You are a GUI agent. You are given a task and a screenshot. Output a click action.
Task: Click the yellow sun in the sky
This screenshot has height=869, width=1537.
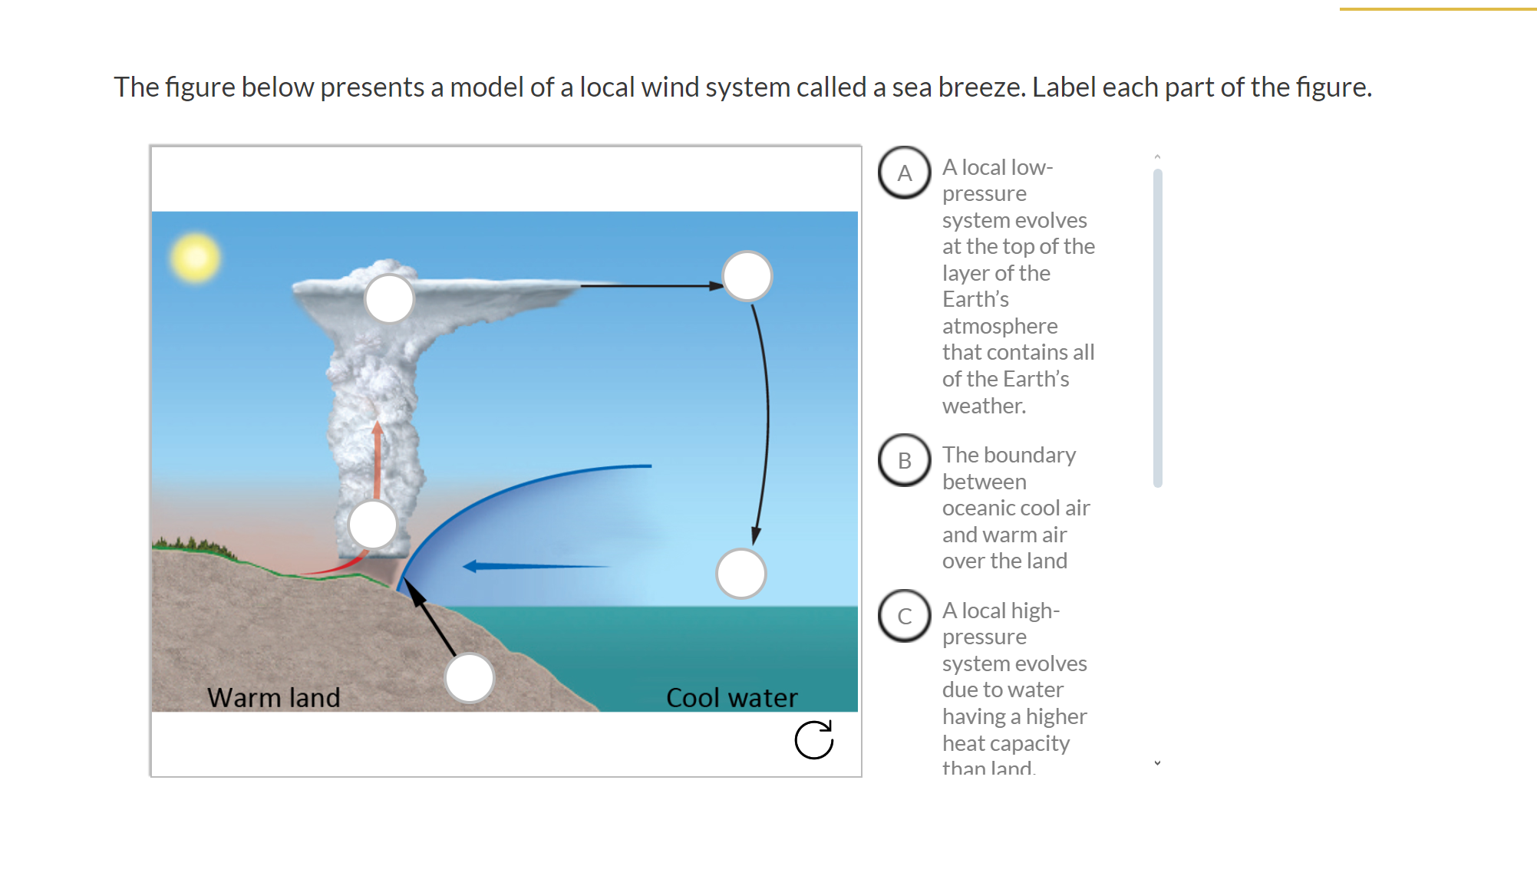196,257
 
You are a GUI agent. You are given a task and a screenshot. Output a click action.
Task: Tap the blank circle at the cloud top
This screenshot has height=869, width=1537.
389,298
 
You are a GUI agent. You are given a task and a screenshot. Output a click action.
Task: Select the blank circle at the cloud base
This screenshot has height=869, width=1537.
372,525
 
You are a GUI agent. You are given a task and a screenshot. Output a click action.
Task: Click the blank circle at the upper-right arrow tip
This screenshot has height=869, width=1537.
747,275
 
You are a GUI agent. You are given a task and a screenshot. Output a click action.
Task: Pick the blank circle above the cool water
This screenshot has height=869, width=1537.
740,573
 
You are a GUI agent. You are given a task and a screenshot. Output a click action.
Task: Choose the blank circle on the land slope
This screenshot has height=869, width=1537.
469,678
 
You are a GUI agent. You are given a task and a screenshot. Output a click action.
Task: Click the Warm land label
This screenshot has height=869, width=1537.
273,697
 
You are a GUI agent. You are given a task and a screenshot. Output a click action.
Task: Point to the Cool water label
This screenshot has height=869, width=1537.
731,697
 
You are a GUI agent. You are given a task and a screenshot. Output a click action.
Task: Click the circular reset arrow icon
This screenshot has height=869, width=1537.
814,740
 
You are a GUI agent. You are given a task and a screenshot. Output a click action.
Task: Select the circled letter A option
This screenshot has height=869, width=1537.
905,173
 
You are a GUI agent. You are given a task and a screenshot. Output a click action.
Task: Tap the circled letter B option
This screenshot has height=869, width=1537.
905,460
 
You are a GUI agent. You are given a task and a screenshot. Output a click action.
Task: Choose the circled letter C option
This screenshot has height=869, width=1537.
905,616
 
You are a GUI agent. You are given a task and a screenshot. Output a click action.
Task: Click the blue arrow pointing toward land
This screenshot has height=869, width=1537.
537,566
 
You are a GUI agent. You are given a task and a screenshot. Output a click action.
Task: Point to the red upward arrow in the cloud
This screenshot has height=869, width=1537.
377,460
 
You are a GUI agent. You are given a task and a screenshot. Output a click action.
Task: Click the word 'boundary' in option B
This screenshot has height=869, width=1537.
1031,455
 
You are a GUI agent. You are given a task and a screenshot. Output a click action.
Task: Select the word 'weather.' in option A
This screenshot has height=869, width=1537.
984,406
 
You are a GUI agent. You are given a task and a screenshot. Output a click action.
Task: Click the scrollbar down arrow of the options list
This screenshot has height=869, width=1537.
1157,763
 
